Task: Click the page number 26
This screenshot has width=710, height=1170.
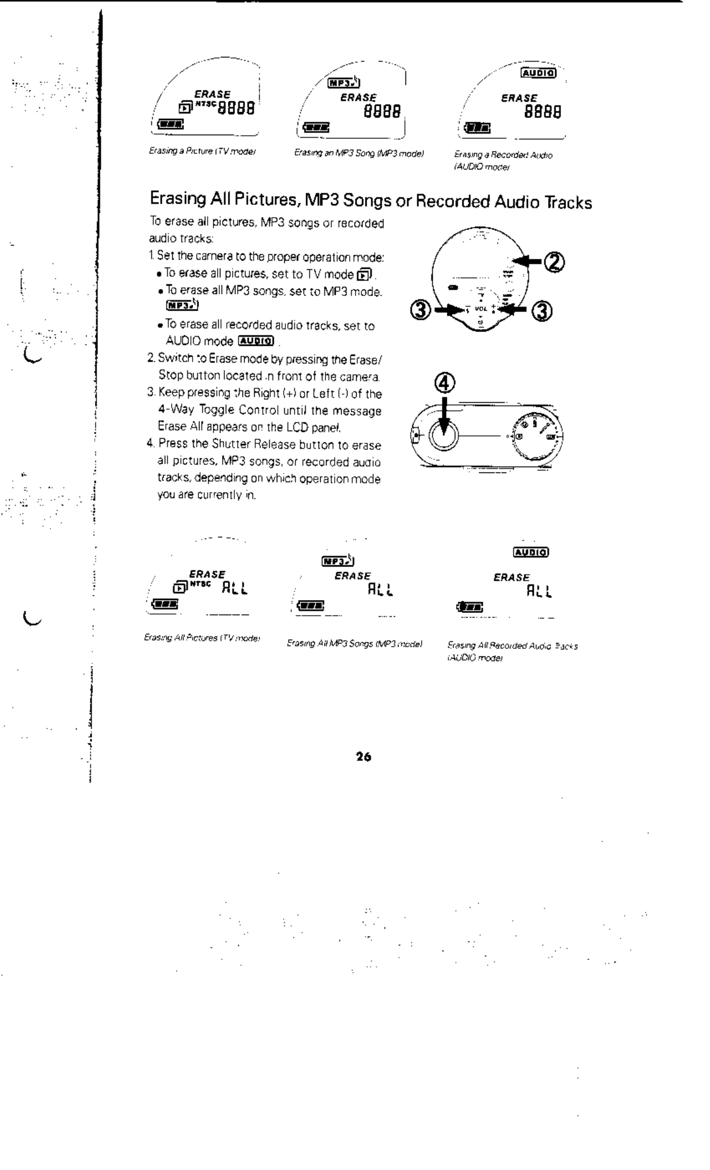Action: pos(364,756)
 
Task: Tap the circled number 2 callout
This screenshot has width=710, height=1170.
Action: pos(555,262)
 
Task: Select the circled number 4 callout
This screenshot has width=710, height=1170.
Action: pos(445,384)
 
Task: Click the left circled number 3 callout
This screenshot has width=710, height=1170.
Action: pos(423,311)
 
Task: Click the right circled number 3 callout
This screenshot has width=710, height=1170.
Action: pos(543,311)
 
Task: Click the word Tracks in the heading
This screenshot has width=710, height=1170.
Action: pos(568,203)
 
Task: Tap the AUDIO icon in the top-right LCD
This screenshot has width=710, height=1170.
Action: pos(539,73)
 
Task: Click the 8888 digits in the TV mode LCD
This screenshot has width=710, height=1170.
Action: pos(236,109)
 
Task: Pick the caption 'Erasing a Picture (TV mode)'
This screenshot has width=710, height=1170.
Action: pos(202,151)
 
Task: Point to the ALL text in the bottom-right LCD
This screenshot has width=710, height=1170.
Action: pos(539,591)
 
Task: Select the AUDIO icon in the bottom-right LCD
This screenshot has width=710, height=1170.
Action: pos(531,552)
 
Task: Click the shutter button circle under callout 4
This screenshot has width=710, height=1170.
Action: pos(443,434)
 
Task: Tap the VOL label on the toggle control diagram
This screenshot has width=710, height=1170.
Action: pos(481,309)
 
